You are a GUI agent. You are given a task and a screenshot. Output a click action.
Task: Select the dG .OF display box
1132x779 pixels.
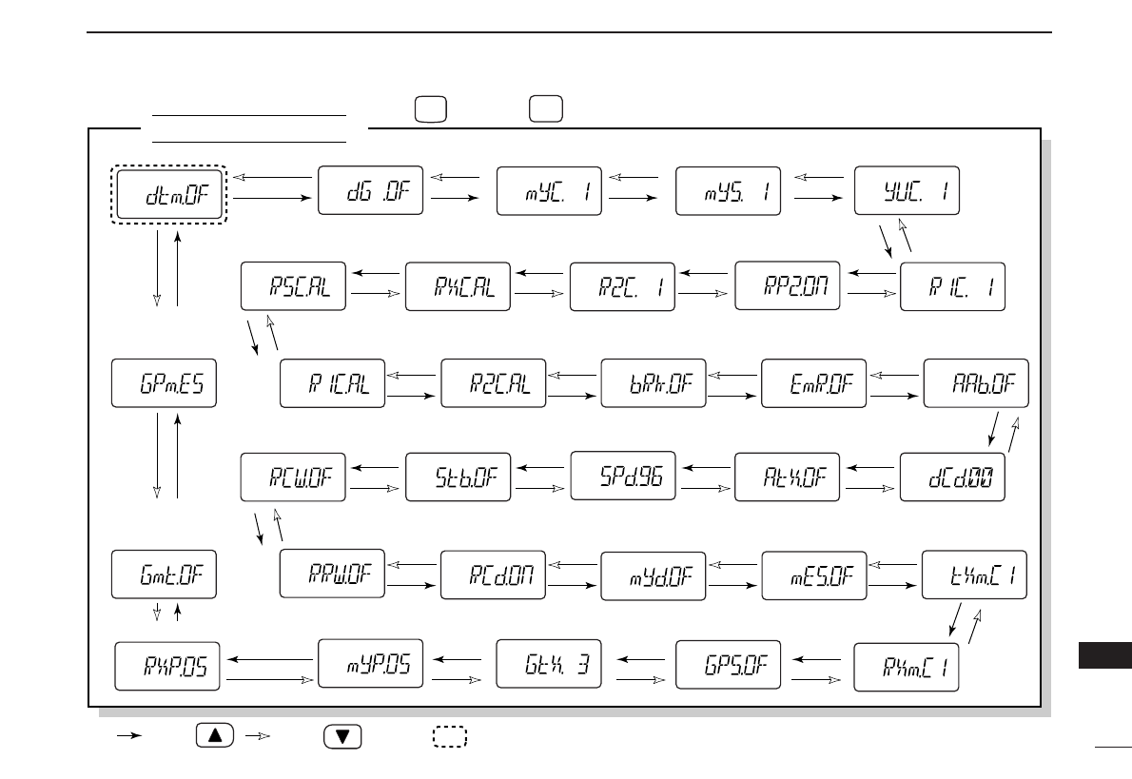pos(369,191)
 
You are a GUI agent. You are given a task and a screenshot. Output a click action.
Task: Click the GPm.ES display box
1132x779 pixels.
pos(165,383)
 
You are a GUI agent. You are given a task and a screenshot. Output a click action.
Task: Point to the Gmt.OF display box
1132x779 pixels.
pos(165,573)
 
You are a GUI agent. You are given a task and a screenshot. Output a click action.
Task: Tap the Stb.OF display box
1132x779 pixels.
pos(459,476)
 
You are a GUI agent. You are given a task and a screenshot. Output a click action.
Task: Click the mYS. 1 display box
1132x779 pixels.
pos(728,191)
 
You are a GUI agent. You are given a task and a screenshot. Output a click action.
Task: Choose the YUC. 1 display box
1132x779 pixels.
pos(907,191)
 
